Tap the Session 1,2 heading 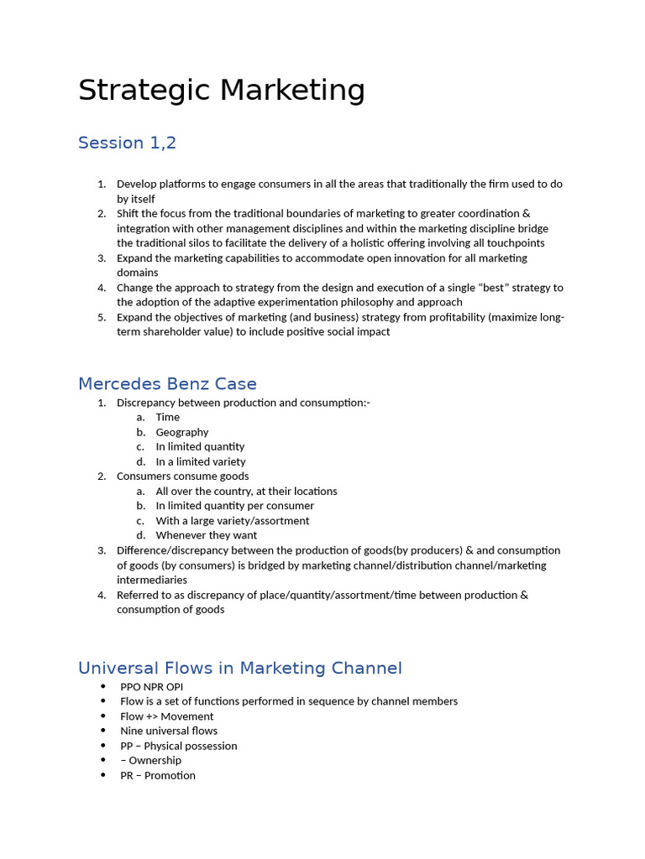pyautogui.click(x=127, y=143)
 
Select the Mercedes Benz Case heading pyautogui.click(x=167, y=384)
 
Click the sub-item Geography pyautogui.click(x=182, y=432)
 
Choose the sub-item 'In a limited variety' pyautogui.click(x=201, y=461)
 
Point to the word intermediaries pyautogui.click(x=152, y=580)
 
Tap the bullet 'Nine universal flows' pyautogui.click(x=169, y=731)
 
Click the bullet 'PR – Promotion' pyautogui.click(x=158, y=775)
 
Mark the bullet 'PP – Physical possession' pyautogui.click(x=179, y=746)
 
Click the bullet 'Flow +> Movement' pyautogui.click(x=167, y=716)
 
